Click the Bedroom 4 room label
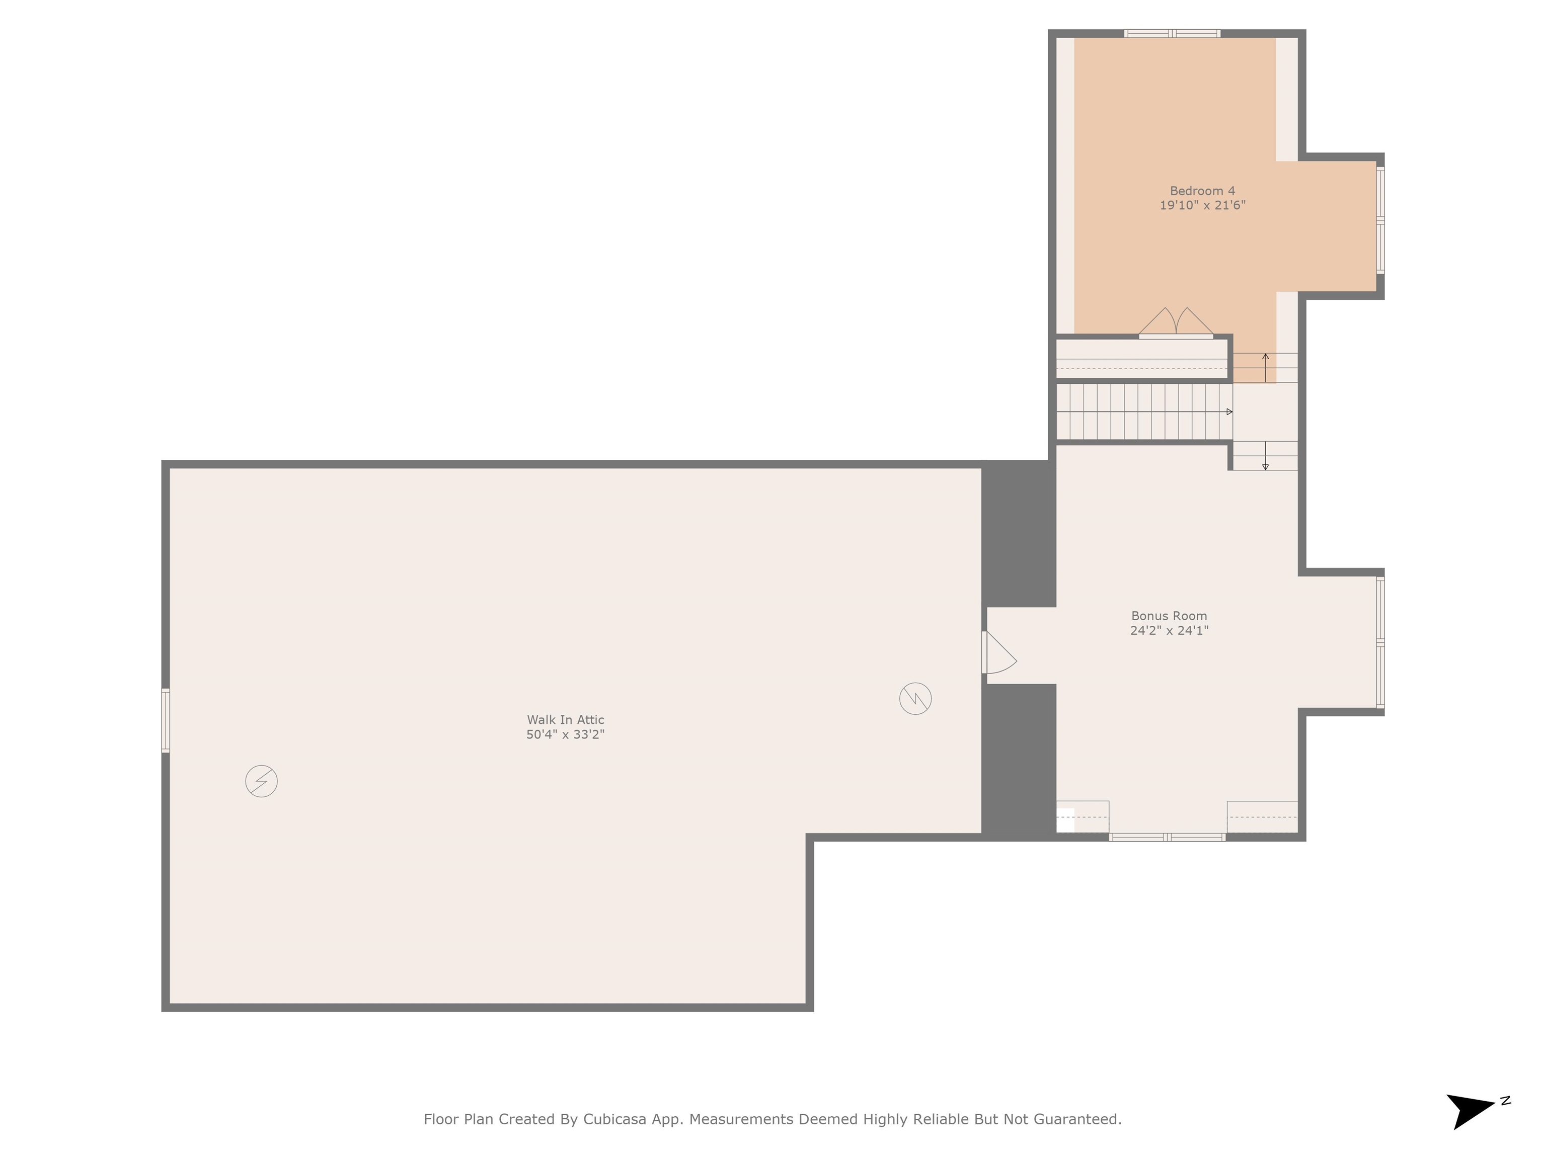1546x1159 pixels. click(1202, 191)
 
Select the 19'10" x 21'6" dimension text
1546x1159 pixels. click(1202, 205)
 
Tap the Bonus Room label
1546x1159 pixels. click(1169, 616)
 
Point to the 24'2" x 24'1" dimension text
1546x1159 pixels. click(1169, 630)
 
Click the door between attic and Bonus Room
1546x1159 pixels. click(998, 653)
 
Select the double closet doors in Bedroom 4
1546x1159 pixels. click(1176, 323)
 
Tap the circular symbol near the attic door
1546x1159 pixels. click(915, 698)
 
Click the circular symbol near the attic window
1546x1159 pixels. click(261, 781)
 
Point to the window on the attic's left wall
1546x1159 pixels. click(166, 720)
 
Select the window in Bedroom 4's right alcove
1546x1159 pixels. click(1379, 220)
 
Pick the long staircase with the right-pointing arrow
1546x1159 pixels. click(1143, 412)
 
